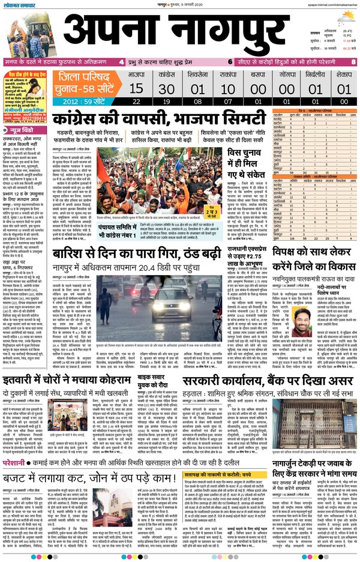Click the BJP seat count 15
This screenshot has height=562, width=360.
136,89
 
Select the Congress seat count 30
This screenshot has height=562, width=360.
167,89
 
